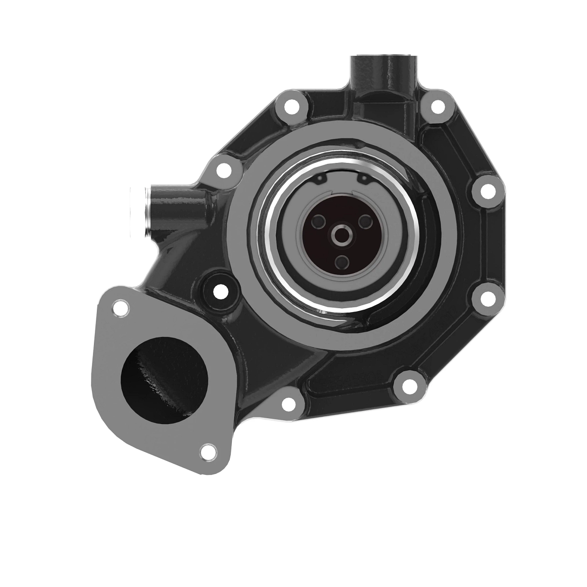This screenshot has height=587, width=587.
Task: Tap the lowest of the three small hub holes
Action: point(342,263)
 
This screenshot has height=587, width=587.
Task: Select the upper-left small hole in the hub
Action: point(318,222)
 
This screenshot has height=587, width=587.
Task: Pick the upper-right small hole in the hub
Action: point(365,222)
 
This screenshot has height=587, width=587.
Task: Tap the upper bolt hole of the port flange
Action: point(120,309)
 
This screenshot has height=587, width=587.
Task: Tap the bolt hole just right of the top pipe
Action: point(437,106)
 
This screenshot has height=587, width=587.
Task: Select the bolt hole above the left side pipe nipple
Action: point(224,170)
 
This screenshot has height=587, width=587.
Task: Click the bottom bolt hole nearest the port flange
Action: point(289,404)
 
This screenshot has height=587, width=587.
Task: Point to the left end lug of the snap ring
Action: point(320,181)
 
